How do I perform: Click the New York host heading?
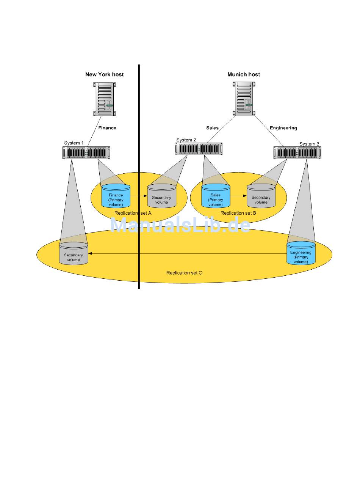click(104, 74)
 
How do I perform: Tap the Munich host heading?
click(244, 74)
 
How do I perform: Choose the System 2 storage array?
click(199, 149)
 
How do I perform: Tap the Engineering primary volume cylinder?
click(301, 253)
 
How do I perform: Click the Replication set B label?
click(238, 213)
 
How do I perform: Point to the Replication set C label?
click(184, 273)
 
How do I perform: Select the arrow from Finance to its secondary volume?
click(138, 196)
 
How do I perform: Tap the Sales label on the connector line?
click(212, 128)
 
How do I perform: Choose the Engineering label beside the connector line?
click(283, 128)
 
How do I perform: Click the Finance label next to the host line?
click(107, 128)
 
